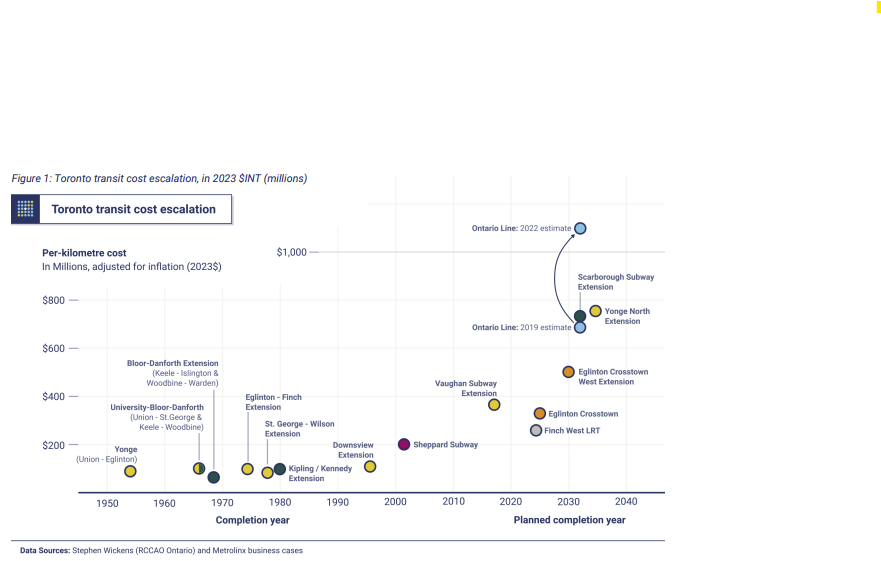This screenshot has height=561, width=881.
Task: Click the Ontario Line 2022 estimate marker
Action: click(580, 228)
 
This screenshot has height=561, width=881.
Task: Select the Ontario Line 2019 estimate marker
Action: click(580, 327)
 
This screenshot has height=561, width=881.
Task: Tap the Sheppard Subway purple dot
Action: click(404, 444)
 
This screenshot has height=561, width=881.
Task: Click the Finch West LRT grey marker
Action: click(536, 430)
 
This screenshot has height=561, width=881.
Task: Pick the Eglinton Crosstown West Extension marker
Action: click(568, 372)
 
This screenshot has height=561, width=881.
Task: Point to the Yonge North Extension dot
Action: click(595, 311)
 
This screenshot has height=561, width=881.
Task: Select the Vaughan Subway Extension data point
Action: click(494, 405)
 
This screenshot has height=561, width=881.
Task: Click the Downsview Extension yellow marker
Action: click(370, 467)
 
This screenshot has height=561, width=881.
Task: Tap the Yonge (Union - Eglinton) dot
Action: click(130, 471)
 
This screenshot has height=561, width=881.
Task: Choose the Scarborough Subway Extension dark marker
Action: click(580, 316)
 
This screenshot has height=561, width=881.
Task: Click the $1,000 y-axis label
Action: click(291, 252)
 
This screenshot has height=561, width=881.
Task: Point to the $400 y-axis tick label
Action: click(52, 397)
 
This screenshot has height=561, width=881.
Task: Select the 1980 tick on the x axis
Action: click(280, 502)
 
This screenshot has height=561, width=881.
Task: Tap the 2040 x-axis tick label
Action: click(626, 502)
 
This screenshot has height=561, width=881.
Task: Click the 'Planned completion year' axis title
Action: click(569, 520)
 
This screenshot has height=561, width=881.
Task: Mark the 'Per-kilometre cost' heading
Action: click(84, 253)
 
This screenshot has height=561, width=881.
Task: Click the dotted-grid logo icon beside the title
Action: click(26, 209)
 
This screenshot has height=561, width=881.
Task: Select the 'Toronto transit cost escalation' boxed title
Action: click(133, 209)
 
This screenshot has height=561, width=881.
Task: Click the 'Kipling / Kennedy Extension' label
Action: click(320, 473)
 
